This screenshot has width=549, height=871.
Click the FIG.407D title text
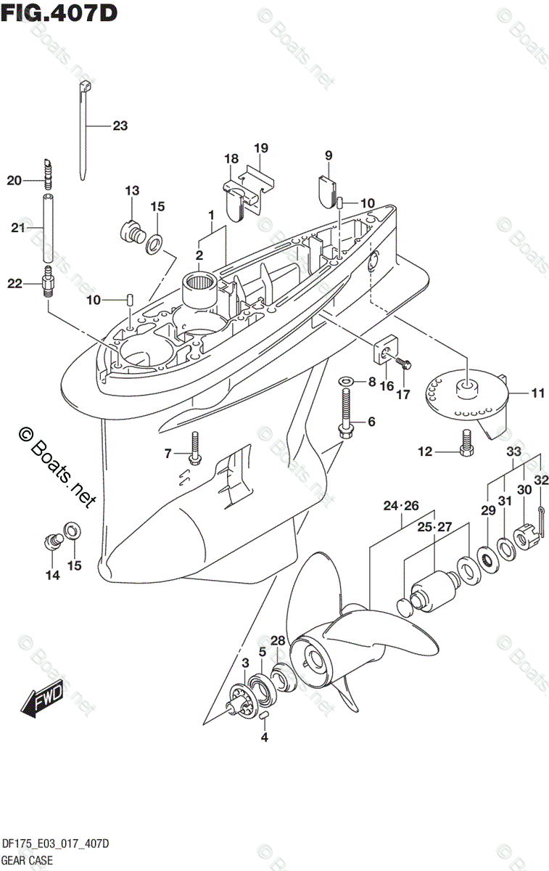pos(60,13)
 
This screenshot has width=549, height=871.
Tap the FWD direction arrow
pos(42,701)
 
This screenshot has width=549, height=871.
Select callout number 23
pos(120,126)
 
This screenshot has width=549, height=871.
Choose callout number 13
pos(131,191)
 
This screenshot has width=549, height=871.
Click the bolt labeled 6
pos(346,409)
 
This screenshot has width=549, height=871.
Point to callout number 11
pos(537,393)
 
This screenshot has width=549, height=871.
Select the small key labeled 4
pos(264,716)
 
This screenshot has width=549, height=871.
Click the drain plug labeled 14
pos(51,540)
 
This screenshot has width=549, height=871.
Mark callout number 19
pos(261,148)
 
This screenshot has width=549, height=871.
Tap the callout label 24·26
pos(402,505)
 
